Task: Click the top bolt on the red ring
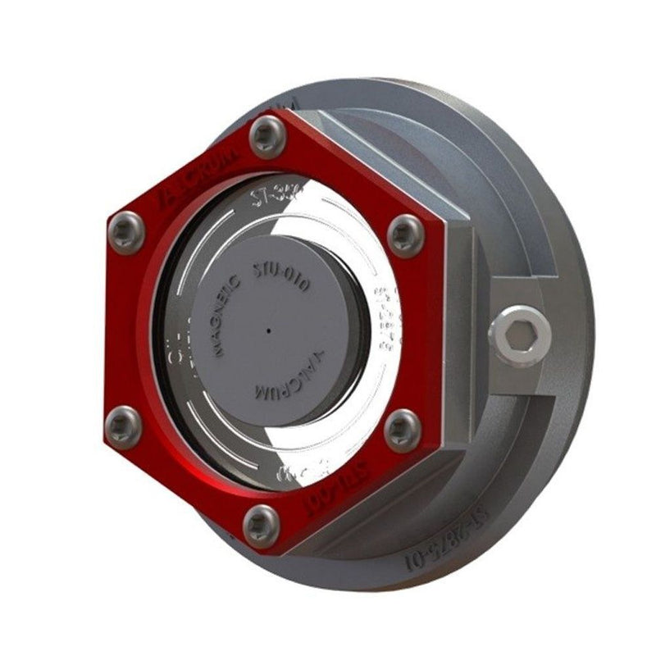[266, 136]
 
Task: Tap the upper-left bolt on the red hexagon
[126, 225]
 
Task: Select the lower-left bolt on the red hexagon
[121, 424]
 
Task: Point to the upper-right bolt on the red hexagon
[404, 233]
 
